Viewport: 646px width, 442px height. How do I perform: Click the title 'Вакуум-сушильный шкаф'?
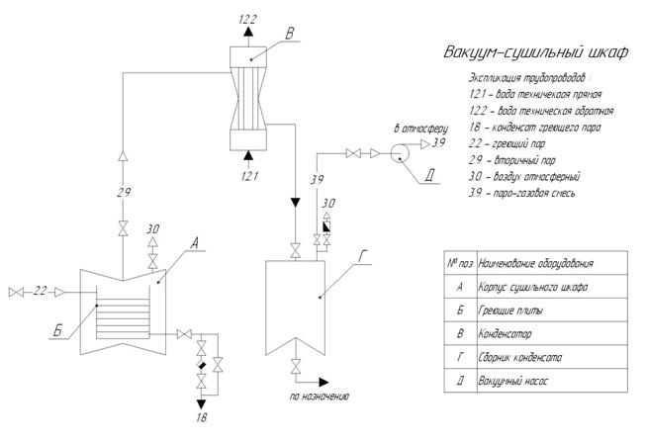pyautogui.click(x=535, y=52)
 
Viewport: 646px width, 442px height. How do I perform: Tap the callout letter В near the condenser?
pyautogui.click(x=290, y=34)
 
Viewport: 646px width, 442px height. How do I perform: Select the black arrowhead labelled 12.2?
pyautogui.click(x=248, y=32)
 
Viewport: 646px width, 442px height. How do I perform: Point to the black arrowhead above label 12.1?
pyautogui.click(x=248, y=155)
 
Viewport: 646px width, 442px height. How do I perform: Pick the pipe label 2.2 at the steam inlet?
pyautogui.click(x=40, y=291)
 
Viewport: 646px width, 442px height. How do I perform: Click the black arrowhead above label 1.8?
pyautogui.click(x=202, y=403)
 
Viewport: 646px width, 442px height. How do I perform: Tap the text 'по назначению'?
pyautogui.click(x=320, y=397)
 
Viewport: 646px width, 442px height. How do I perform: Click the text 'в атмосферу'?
pyautogui.click(x=420, y=129)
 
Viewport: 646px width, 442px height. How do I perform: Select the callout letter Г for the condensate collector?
pyautogui.click(x=362, y=257)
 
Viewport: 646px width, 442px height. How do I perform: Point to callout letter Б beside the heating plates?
pyautogui.click(x=57, y=330)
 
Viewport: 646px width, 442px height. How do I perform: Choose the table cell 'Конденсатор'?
pyautogui.click(x=505, y=333)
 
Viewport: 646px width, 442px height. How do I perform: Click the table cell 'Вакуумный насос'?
pyautogui.click(x=512, y=381)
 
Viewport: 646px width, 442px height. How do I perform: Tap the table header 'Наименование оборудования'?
pyautogui.click(x=535, y=263)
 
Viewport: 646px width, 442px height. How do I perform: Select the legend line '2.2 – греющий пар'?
pyautogui.click(x=508, y=143)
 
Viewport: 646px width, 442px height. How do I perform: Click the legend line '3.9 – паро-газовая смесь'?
pyautogui.click(x=522, y=193)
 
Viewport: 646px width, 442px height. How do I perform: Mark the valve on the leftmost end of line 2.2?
pyautogui.click(x=16, y=292)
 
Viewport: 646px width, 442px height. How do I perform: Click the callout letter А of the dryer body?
pyautogui.click(x=195, y=243)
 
